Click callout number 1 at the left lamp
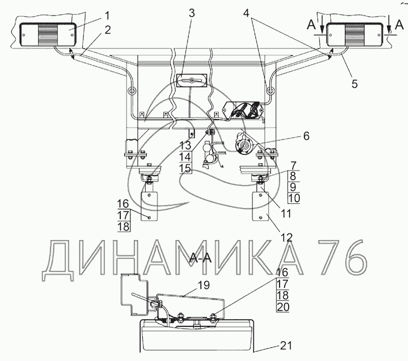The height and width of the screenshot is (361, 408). (x=107, y=16)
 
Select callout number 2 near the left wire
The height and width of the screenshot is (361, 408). (x=108, y=30)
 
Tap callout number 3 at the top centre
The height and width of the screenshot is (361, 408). (x=192, y=13)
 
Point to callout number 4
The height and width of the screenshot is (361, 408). (x=246, y=13)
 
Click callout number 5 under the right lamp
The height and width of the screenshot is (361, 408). (x=354, y=84)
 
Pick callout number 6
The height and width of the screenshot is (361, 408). (x=307, y=136)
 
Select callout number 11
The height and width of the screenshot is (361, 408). (x=286, y=214)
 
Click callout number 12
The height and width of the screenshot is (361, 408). (x=286, y=237)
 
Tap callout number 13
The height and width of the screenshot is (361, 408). (x=185, y=145)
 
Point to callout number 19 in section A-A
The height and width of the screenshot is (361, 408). (x=203, y=285)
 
